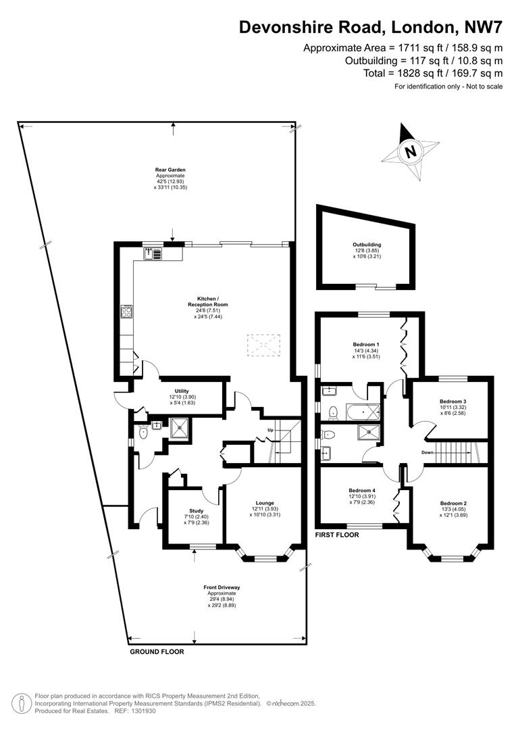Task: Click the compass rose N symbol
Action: click(409, 152)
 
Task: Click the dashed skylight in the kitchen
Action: click(263, 346)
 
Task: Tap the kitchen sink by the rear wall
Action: click(153, 253)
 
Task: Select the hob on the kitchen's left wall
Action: click(126, 312)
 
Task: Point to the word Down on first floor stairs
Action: click(427, 452)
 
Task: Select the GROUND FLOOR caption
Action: click(157, 652)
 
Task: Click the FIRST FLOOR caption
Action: click(337, 534)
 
